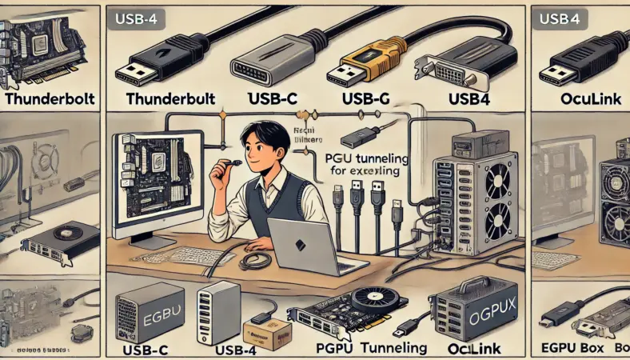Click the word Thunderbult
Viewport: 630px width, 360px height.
pyautogui.click(x=172, y=99)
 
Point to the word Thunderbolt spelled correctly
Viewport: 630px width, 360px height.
pyautogui.click(x=50, y=100)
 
